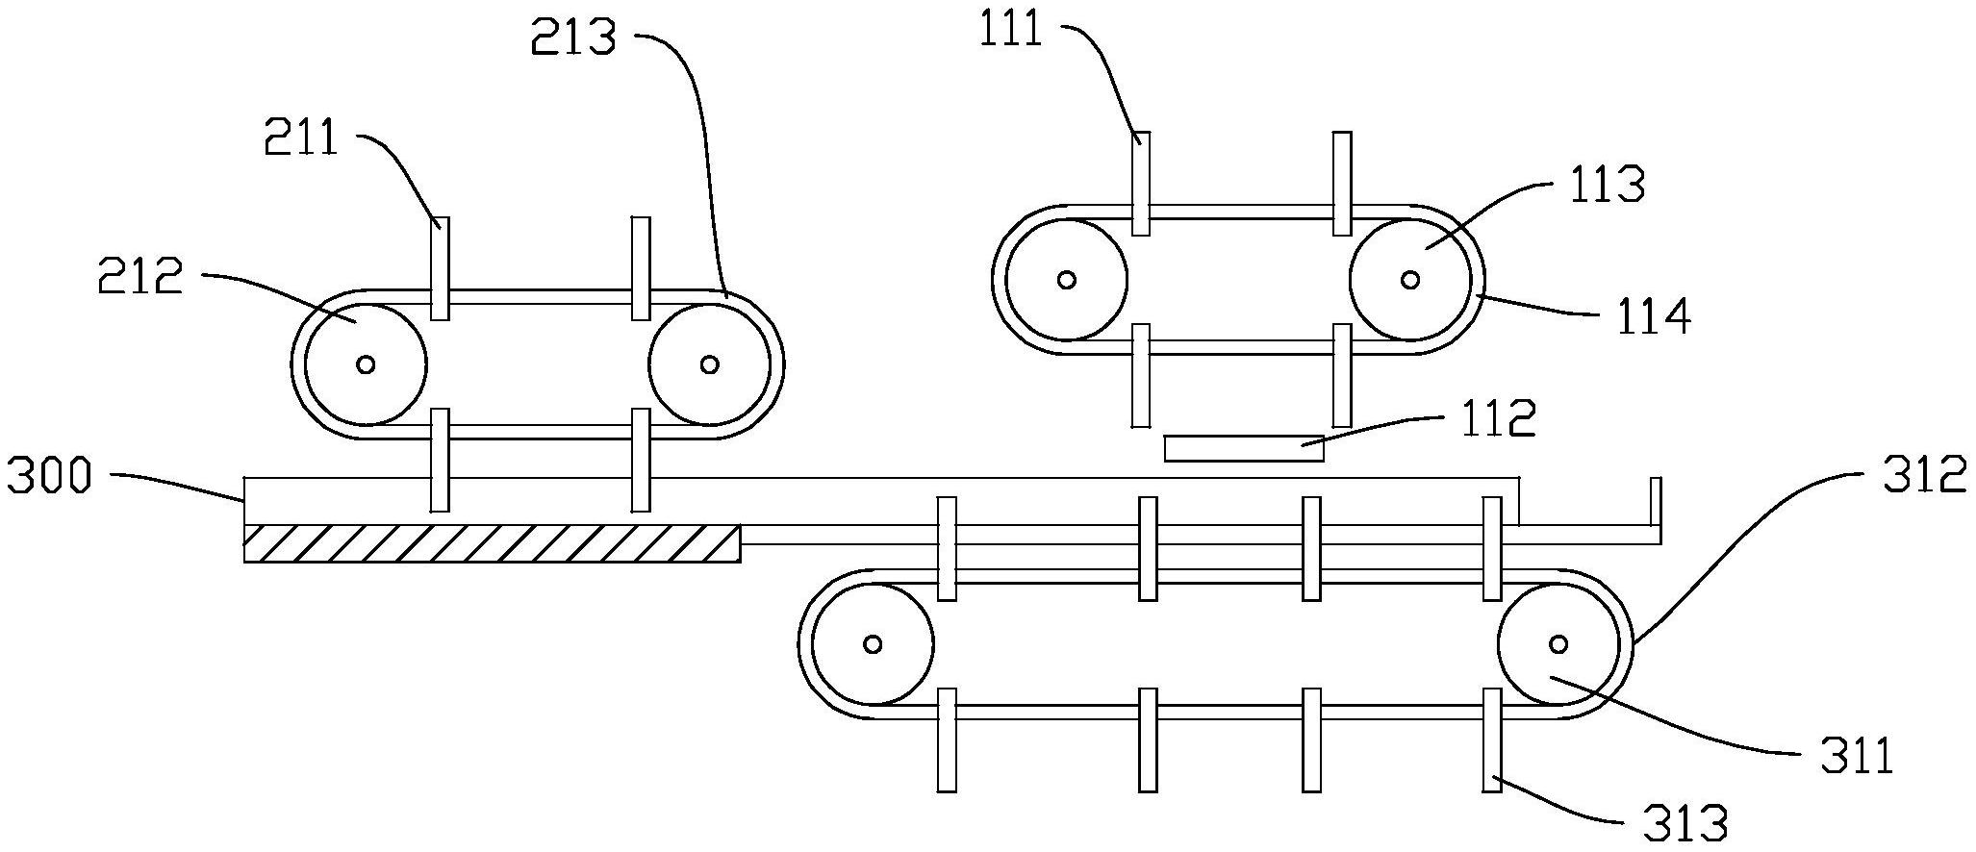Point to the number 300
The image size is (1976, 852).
tap(49, 477)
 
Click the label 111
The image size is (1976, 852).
tap(1010, 31)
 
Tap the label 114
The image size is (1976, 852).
tap(1651, 316)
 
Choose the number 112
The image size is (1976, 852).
tap(1498, 419)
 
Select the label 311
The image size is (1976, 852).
tap(1856, 757)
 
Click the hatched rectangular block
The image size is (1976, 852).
tap(492, 543)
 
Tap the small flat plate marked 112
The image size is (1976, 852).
tap(1243, 448)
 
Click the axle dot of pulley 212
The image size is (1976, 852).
tap(366, 364)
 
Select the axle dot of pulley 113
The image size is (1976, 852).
tap(1410, 280)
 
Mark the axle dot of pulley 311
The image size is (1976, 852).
tap(1558, 643)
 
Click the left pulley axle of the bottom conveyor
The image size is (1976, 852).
tap(873, 643)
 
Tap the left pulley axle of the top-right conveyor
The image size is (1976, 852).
tap(1066, 280)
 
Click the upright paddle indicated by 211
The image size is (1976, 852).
tap(440, 268)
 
